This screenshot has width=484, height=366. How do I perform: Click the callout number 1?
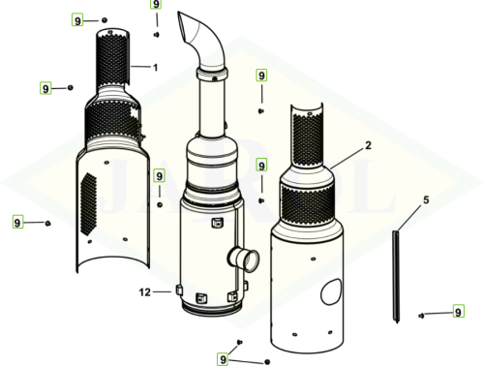point(155,68)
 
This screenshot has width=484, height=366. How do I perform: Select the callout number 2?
point(368,145)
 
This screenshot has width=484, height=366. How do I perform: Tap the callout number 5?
point(426,200)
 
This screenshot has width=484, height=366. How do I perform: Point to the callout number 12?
point(145,292)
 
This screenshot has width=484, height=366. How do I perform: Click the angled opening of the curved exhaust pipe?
point(183,26)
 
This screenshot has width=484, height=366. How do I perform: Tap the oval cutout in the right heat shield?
point(331,292)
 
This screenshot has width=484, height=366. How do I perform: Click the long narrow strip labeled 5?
point(397,277)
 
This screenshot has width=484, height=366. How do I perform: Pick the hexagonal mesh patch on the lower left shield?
point(88,203)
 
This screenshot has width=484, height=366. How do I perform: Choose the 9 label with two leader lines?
point(223,359)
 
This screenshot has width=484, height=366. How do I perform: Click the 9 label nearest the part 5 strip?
point(458,312)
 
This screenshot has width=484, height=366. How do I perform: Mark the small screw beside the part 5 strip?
point(421,316)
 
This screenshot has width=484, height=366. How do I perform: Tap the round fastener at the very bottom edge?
point(267,362)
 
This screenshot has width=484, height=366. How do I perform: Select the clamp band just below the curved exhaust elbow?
point(212,76)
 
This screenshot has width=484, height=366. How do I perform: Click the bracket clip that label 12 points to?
point(179,290)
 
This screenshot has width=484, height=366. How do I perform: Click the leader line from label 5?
point(409,218)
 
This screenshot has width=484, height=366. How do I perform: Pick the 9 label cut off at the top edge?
point(156,4)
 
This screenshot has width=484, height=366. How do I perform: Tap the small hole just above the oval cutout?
point(313,259)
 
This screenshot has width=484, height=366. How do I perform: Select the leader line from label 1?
point(140,67)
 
